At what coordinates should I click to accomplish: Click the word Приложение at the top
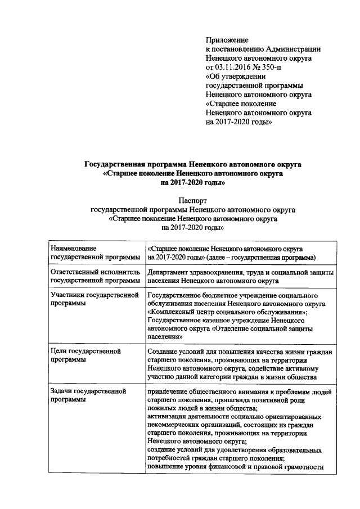pos(227,40)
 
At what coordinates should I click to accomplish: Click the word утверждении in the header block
pos(243,76)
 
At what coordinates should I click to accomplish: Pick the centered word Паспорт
pos(193,200)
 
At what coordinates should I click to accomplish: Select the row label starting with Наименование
pos(73,248)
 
